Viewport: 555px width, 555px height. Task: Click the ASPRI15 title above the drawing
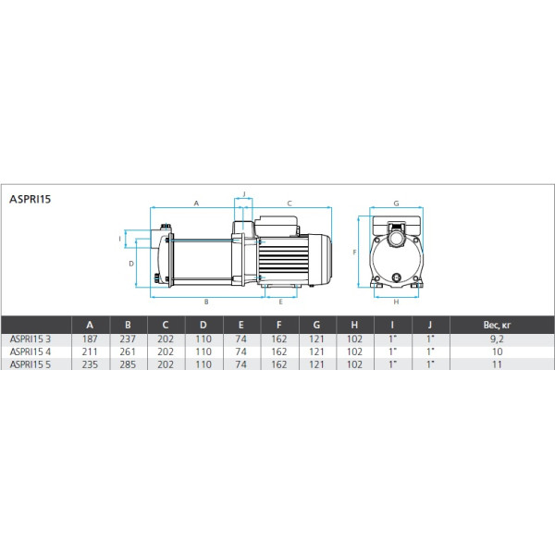click(x=31, y=199)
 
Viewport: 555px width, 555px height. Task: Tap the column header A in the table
click(x=90, y=325)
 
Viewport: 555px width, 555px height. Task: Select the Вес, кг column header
click(x=497, y=325)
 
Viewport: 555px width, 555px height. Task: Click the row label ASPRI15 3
click(x=31, y=339)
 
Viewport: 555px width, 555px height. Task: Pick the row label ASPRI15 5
click(x=31, y=364)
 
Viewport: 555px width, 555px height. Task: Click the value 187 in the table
click(x=90, y=339)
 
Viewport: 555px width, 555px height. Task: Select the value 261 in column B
click(x=128, y=351)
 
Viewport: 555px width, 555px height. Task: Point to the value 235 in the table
click(x=90, y=364)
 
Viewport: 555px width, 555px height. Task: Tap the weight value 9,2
click(x=497, y=339)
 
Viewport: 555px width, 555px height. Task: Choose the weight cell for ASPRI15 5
click(x=497, y=364)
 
